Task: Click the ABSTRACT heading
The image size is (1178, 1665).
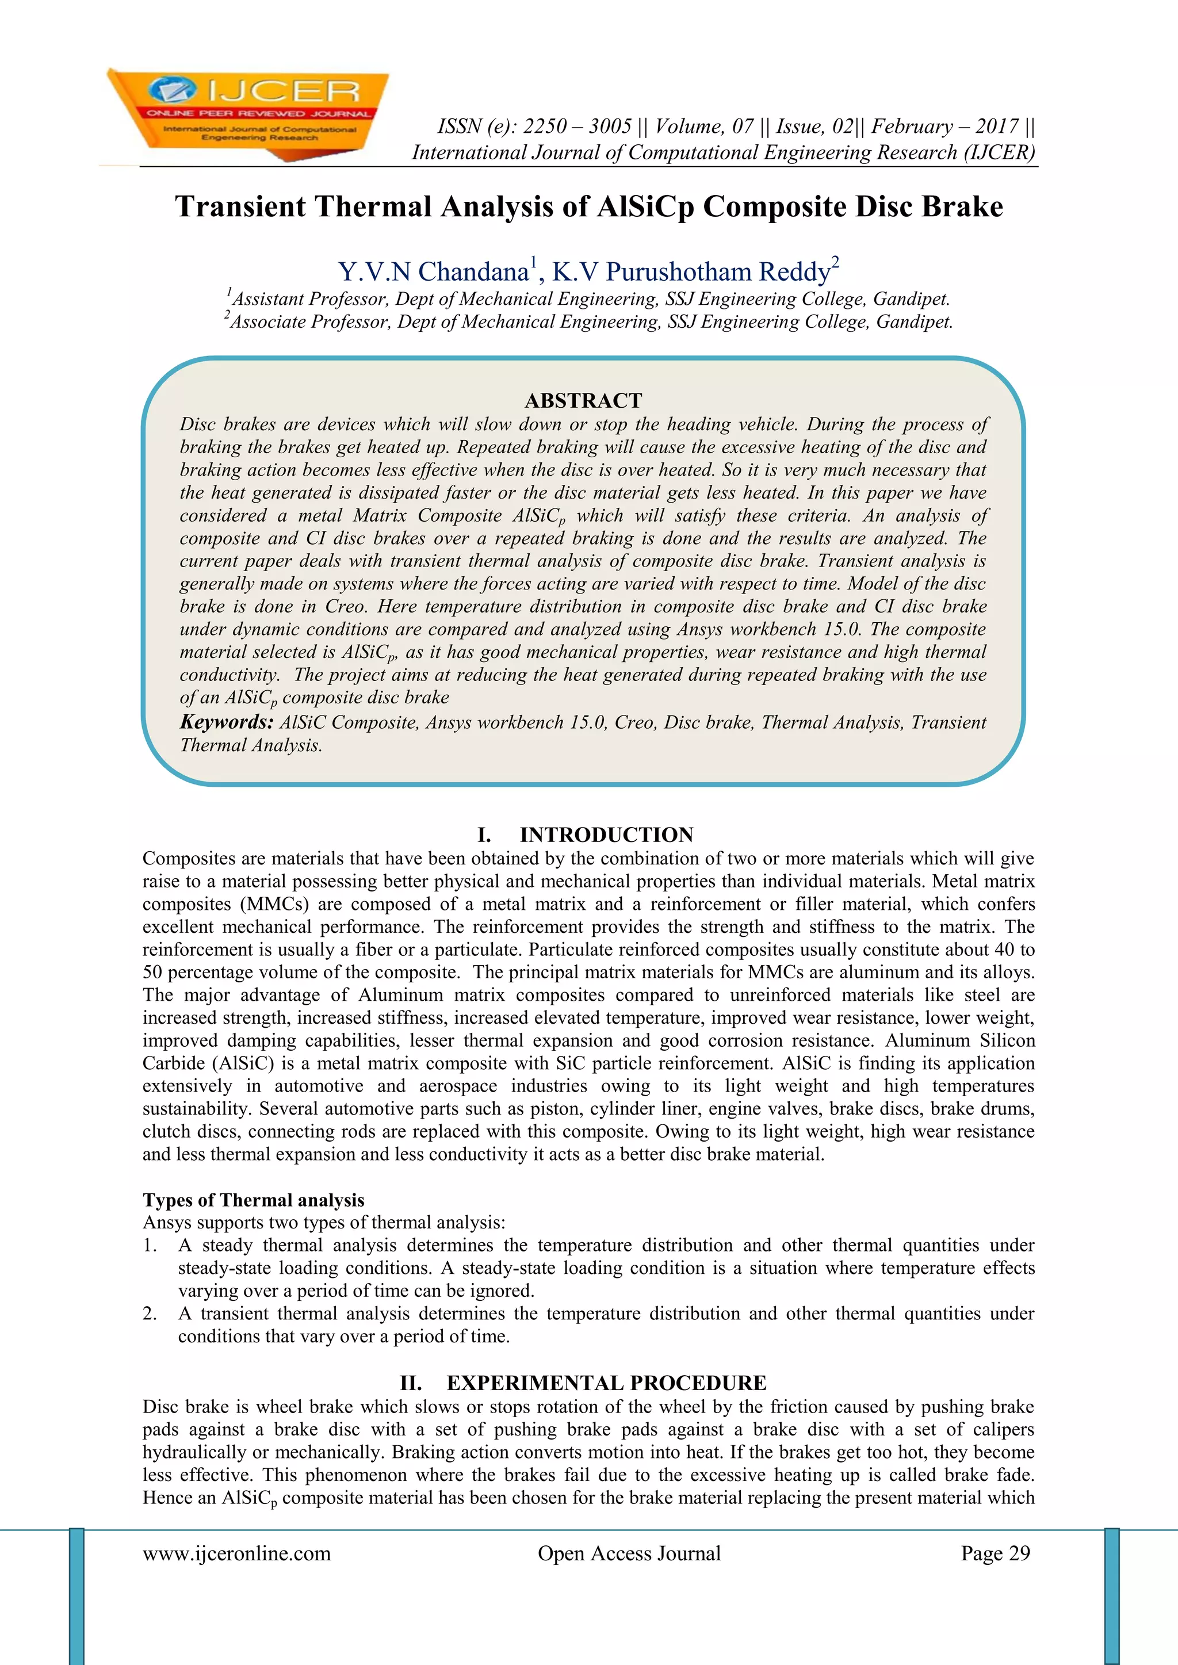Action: (x=583, y=400)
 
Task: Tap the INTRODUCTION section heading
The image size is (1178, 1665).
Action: (x=606, y=835)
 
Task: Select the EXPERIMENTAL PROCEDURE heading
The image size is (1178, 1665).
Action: (x=606, y=1383)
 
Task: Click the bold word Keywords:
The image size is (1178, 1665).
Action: (x=226, y=722)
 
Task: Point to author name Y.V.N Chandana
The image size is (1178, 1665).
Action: (x=433, y=272)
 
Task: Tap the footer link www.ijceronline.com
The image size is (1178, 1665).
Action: (x=236, y=1553)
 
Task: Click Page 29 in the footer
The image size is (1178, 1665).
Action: (x=995, y=1553)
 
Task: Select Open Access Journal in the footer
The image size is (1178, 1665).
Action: (x=629, y=1553)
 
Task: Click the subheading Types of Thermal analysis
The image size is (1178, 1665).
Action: (x=253, y=1200)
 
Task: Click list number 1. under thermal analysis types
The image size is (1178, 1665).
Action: (x=150, y=1246)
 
